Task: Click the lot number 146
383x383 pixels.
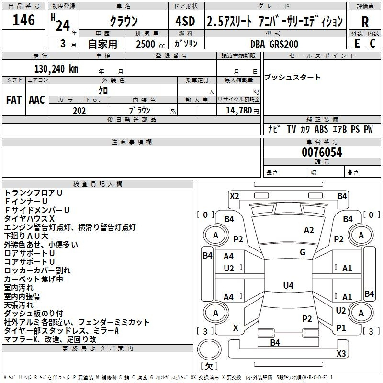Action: point(23,20)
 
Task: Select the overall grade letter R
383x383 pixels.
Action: point(365,22)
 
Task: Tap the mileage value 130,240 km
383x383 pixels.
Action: point(56,69)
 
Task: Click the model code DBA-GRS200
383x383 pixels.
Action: point(274,44)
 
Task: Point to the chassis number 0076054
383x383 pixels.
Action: point(322,152)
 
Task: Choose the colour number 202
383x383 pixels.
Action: point(79,111)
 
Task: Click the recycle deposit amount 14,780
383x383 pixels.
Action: point(239,111)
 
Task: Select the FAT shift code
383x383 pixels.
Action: point(14,100)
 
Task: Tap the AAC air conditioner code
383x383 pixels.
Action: point(37,100)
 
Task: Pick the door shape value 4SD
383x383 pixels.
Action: point(185,21)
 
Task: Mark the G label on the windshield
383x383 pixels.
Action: point(303,252)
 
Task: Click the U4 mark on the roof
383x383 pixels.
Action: point(288,285)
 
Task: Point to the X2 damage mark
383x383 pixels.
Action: point(234,196)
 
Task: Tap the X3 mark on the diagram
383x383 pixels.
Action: point(341,353)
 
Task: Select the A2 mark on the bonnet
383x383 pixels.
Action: point(309,230)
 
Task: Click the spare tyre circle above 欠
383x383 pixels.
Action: point(209,349)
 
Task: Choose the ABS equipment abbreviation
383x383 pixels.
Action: point(321,129)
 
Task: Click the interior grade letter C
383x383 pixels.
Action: point(372,44)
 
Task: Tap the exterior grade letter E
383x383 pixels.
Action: point(357,44)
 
